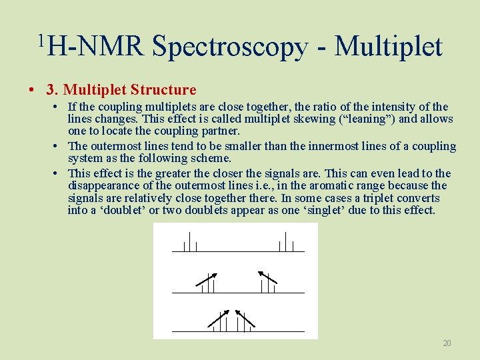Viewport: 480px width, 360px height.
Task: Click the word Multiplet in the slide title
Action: coord(388,47)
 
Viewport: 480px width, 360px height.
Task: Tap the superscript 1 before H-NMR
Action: coord(41,41)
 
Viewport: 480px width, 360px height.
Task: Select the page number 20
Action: coord(447,343)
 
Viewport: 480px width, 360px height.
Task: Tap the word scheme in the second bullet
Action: coord(211,158)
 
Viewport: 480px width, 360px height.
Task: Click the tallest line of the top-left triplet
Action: coord(190,241)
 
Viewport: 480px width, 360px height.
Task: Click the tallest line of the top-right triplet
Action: coord(286,241)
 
